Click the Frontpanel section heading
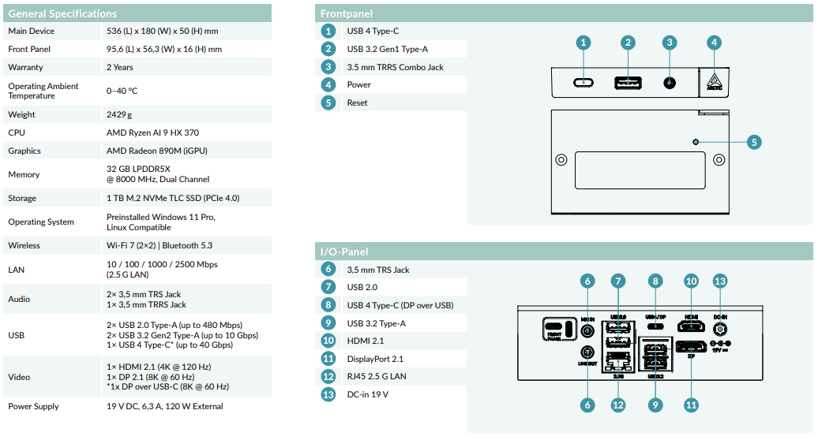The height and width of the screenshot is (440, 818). (x=347, y=13)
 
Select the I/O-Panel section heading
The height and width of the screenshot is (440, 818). (x=344, y=252)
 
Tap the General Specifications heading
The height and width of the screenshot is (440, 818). (x=62, y=13)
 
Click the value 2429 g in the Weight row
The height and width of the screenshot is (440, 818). (x=119, y=114)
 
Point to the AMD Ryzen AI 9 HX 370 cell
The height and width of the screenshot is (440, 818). (x=152, y=132)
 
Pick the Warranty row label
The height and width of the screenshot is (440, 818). (x=25, y=67)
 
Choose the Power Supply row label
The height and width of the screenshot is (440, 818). (x=33, y=406)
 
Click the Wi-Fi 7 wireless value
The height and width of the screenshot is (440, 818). (x=159, y=245)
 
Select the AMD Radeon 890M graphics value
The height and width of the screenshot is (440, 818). (x=156, y=151)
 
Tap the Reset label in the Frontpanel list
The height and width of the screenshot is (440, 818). (x=357, y=103)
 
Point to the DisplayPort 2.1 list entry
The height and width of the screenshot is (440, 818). (x=375, y=359)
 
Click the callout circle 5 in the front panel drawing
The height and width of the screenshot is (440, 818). (x=754, y=142)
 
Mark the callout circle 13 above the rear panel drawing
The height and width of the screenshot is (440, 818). (x=719, y=281)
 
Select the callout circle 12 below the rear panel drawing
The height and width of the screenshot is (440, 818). (x=618, y=405)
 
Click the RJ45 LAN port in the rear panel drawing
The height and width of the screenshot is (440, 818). (x=617, y=362)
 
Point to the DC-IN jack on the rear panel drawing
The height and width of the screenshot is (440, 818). (x=719, y=326)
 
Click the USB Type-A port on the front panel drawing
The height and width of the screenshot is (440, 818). (x=628, y=82)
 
